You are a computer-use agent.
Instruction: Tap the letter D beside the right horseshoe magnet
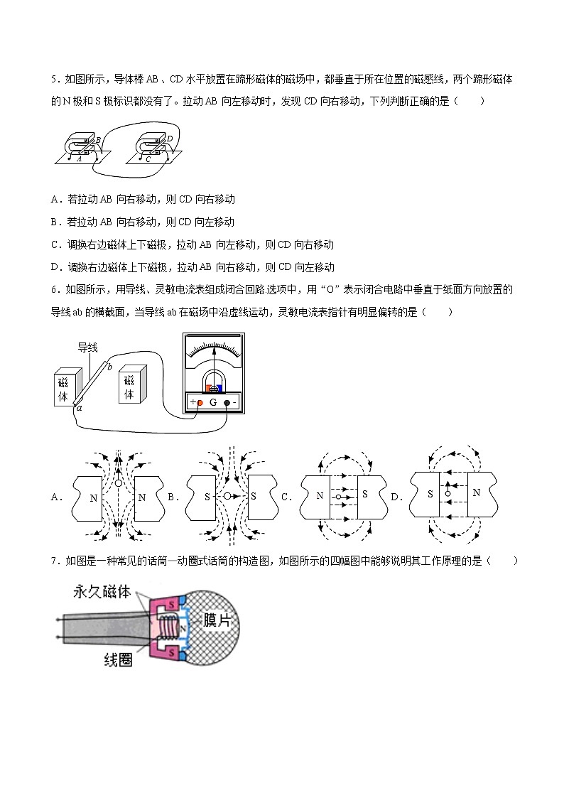[169, 139]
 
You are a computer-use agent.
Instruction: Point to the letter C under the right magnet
[148, 159]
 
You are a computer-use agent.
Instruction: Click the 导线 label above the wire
[87, 347]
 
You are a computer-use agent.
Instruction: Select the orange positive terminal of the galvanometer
[200, 402]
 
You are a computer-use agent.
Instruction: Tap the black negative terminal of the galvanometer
[227, 402]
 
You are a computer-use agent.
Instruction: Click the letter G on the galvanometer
[212, 402]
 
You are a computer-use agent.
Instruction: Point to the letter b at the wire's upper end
[109, 365]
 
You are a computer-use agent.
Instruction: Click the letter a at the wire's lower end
[79, 408]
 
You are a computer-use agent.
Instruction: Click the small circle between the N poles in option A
[119, 484]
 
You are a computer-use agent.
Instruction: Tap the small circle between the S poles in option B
[227, 495]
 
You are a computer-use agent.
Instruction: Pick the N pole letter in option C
[319, 496]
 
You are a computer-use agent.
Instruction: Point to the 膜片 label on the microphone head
[217, 620]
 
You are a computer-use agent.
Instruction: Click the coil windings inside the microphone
[168, 627]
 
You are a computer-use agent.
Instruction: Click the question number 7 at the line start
[53, 561]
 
